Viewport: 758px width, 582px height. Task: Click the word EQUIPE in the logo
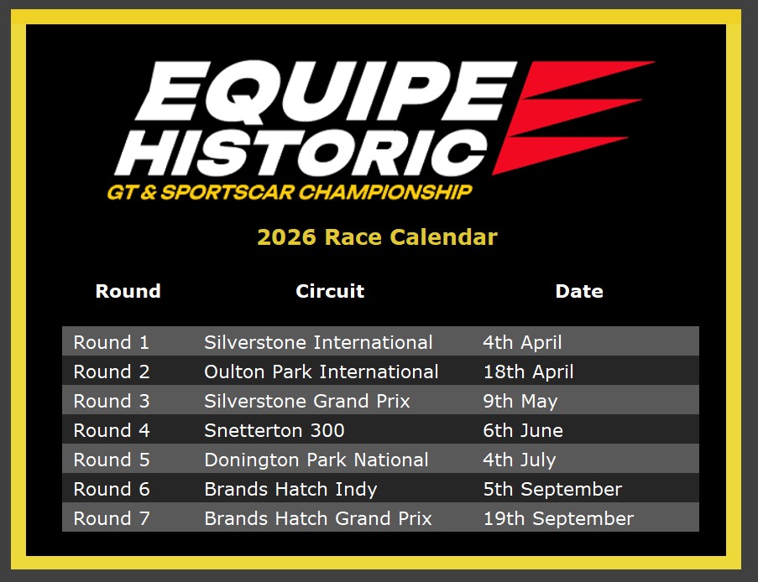tap(326, 91)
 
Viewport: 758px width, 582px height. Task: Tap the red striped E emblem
tap(573, 117)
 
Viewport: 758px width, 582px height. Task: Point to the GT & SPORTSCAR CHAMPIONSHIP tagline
tap(290, 192)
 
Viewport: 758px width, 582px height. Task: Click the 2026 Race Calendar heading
tap(377, 236)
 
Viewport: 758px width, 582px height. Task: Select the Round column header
tap(128, 291)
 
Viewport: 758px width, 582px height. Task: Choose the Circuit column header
tap(330, 291)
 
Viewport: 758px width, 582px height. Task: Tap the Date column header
tap(579, 291)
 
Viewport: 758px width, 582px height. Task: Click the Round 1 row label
tap(111, 342)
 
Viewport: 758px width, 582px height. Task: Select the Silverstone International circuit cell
tap(318, 342)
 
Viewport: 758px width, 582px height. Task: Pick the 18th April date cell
tap(528, 372)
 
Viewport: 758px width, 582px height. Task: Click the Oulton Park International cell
tap(321, 372)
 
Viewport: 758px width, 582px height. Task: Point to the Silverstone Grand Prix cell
tap(307, 401)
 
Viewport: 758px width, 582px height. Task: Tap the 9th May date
tap(520, 401)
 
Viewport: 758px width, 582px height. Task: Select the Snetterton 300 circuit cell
tap(274, 430)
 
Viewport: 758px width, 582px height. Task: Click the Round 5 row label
tap(112, 460)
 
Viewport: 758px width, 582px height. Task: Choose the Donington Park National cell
tap(316, 460)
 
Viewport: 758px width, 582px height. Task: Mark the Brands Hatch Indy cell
tap(290, 489)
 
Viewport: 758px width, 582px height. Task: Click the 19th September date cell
tap(558, 519)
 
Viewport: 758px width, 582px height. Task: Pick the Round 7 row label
tap(112, 519)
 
